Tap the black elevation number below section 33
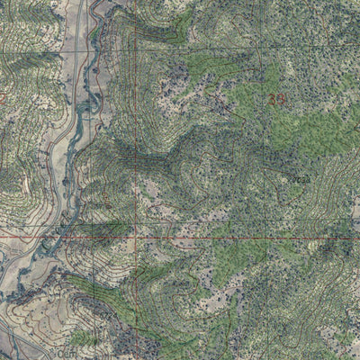(x=297, y=179)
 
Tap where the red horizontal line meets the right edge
(x=357, y=238)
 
